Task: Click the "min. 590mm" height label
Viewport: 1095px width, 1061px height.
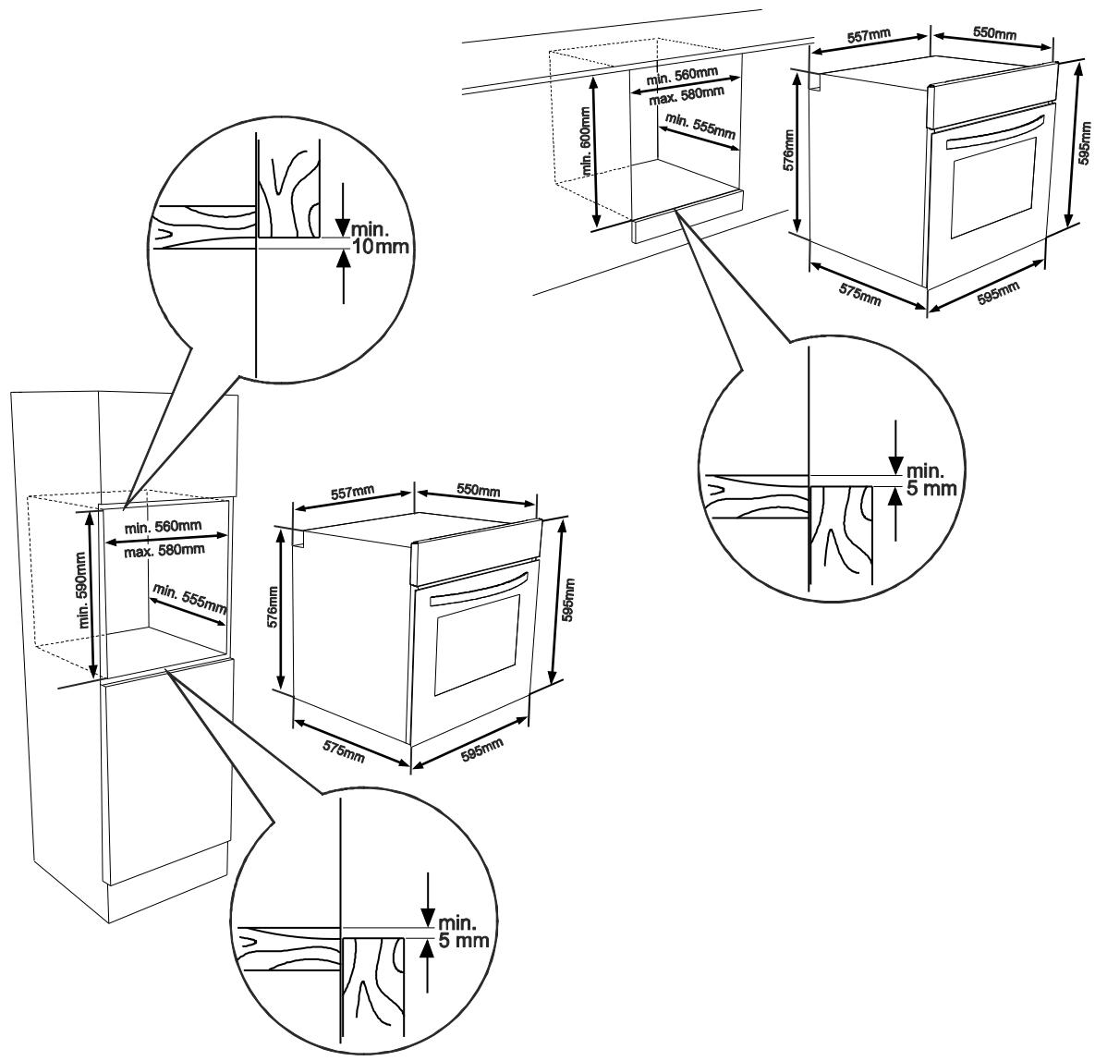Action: (x=83, y=591)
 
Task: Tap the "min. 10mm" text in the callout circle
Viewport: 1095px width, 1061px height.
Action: (x=378, y=238)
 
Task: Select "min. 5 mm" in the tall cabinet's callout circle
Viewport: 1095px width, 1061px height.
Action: (x=462, y=931)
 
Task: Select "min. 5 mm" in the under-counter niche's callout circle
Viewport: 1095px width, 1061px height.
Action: (x=931, y=479)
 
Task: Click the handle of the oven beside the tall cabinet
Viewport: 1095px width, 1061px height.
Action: (x=479, y=588)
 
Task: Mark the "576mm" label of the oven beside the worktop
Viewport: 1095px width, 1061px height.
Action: (x=789, y=150)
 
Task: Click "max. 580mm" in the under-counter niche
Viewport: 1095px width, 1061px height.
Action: (x=686, y=94)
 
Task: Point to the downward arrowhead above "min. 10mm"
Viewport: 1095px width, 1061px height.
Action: (x=342, y=227)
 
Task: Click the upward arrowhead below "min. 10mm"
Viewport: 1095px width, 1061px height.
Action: (x=343, y=259)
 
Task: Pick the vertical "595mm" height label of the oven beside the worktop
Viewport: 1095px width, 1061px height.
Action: (x=1085, y=143)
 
